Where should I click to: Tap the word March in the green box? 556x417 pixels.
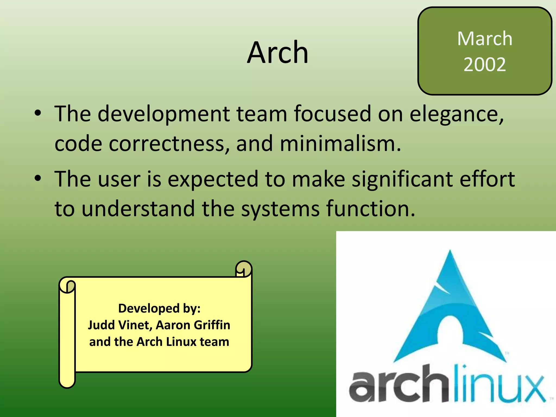(x=485, y=39)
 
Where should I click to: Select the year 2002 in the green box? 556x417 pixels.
(x=485, y=65)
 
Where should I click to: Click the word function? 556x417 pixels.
(x=370, y=208)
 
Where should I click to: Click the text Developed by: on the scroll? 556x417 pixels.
(x=159, y=308)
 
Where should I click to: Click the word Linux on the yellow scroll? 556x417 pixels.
(x=181, y=342)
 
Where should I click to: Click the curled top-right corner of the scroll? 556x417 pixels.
(x=244, y=269)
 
